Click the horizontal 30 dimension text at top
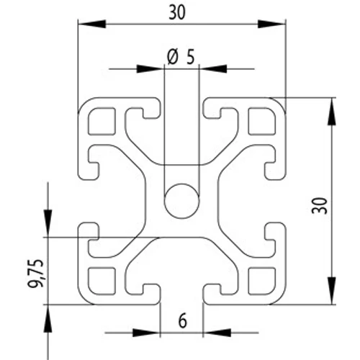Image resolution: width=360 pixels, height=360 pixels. pyautogui.click(x=177, y=12)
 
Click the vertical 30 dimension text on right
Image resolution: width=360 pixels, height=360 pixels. pyautogui.click(x=320, y=206)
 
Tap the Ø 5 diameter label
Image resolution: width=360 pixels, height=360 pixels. pyautogui.click(x=181, y=58)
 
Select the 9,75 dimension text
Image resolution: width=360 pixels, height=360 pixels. pyautogui.click(x=36, y=274)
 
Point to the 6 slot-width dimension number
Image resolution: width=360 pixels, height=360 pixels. pyautogui.click(x=182, y=321)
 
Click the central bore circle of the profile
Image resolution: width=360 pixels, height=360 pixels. pyautogui.click(x=181, y=201)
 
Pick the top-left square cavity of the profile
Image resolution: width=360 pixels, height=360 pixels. pyautogui.click(x=102, y=121)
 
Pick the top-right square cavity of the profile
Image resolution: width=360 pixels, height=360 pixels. pyautogui.click(x=262, y=121)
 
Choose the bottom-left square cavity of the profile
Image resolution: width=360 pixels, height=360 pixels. pyautogui.click(x=102, y=281)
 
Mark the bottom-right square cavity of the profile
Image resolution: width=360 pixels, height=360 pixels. pyautogui.click(x=262, y=281)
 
